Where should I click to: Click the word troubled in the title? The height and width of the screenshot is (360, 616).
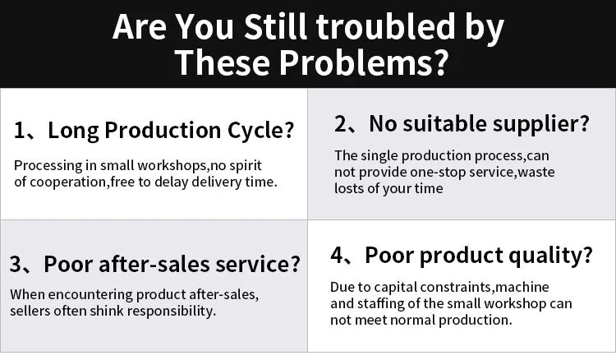387,27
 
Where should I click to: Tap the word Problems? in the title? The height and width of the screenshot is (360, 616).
364,63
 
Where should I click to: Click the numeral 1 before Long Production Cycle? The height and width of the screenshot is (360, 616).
19,131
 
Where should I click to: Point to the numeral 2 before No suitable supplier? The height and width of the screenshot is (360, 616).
340,124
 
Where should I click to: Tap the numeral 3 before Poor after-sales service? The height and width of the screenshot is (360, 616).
16,264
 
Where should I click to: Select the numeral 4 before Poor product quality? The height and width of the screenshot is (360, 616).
337,255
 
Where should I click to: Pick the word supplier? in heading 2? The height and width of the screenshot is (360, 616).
541,125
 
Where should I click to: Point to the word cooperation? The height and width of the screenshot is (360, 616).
68,182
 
